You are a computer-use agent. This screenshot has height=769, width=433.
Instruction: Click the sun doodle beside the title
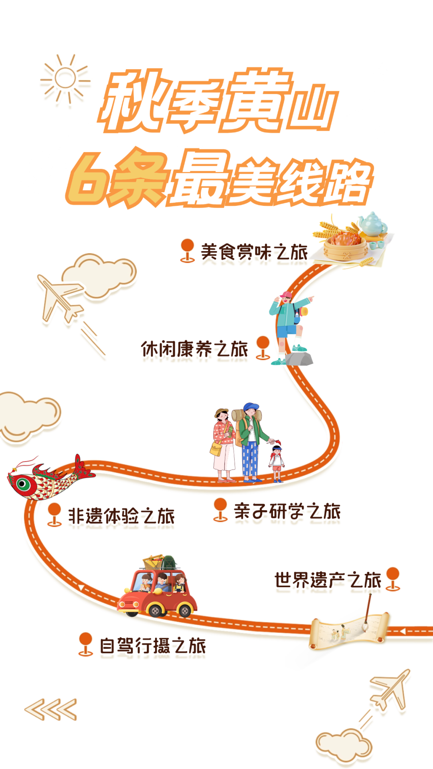[65, 79]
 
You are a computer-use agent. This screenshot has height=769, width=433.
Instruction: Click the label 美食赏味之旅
[254, 252]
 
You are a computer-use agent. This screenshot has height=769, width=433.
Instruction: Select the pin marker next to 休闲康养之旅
[263, 347]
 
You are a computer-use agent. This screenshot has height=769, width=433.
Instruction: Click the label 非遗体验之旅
[121, 516]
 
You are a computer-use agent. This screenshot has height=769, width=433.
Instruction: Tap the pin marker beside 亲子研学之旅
[220, 509]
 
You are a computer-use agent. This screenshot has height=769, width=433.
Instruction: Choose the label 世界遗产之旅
[327, 580]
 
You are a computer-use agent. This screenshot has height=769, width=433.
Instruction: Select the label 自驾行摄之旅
[153, 645]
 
